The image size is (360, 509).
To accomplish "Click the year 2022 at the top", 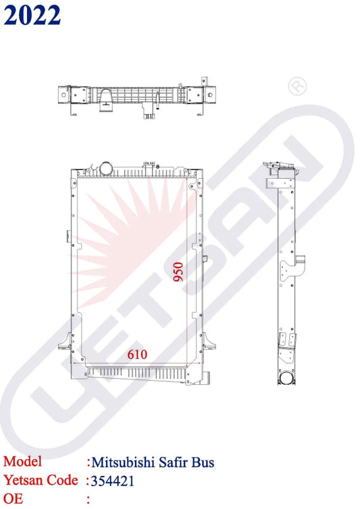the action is point(32,15).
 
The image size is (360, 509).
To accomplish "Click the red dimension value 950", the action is point(178,271).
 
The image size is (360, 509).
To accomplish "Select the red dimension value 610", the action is point(137,354).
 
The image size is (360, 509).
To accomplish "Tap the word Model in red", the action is point(22,461).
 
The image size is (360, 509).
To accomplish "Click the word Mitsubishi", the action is point(123,462).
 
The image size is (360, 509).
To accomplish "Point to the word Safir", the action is point(172,462).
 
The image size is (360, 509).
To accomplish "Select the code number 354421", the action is point(112,481).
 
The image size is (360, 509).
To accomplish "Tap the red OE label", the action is point(13,498).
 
